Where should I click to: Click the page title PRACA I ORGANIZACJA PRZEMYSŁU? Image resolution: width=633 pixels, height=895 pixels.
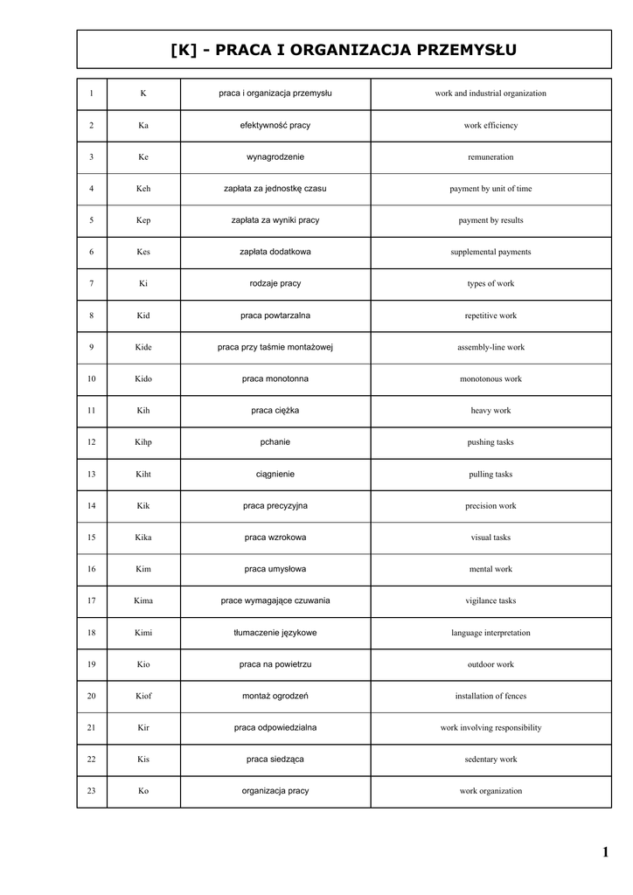coord(344,50)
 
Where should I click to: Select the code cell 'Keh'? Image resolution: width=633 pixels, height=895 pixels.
coord(143,189)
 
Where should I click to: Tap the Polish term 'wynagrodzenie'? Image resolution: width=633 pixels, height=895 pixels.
coord(275,156)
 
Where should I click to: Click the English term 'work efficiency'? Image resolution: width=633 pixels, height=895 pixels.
coord(490,125)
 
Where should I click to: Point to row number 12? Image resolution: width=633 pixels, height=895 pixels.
coord(92,442)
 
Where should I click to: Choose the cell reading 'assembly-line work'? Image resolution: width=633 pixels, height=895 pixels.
coord(490,347)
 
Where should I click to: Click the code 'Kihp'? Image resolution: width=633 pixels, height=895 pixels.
coord(143,442)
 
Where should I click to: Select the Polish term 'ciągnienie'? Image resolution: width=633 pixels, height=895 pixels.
coord(275,474)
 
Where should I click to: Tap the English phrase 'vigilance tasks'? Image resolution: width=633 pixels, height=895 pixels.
coord(490,600)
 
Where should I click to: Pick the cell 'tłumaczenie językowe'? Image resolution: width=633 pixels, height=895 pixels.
coord(275,632)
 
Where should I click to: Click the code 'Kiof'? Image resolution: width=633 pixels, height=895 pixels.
coord(143,696)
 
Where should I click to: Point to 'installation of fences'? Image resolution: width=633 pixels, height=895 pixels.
coord(490,696)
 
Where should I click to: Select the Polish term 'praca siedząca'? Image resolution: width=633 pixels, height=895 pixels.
coord(275,759)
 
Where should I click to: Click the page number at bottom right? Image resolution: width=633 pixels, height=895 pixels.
coord(605,852)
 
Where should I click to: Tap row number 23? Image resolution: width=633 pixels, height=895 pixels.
coord(92,791)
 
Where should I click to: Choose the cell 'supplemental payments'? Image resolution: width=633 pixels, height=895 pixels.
coord(490,252)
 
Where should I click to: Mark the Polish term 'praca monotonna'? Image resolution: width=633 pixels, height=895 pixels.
coord(275,378)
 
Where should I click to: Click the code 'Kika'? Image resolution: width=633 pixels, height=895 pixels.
coord(143,538)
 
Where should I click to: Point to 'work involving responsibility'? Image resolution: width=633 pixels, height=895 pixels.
coord(490,727)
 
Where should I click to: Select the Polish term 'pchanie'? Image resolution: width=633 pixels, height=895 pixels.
coord(275,442)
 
